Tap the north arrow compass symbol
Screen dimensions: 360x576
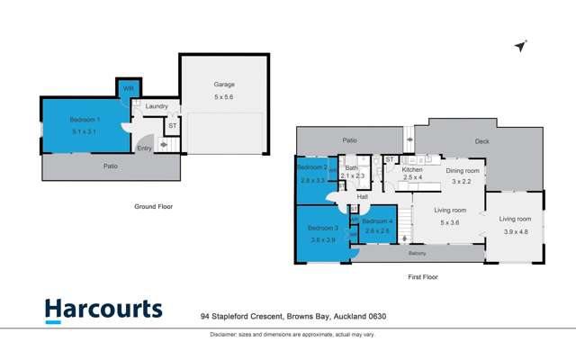(519, 46)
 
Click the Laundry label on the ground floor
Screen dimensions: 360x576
(157, 106)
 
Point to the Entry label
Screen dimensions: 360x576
(144, 148)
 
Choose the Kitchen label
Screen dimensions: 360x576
(412, 170)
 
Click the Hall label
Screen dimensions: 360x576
(363, 197)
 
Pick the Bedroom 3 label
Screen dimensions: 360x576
(322, 229)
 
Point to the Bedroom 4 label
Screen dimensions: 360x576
(378, 220)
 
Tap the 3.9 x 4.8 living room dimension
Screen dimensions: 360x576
(516, 232)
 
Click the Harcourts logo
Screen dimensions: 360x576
(103, 310)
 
